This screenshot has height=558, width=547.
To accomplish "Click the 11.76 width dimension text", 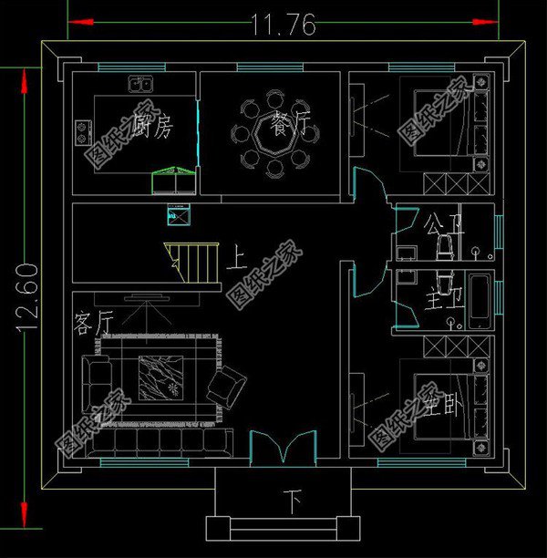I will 283,25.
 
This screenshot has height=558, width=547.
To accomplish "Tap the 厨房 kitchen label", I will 151,128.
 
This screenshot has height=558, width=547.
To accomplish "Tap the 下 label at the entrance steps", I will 293,500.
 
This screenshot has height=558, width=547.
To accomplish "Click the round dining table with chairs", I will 274,132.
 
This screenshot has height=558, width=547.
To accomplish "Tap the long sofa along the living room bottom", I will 159,442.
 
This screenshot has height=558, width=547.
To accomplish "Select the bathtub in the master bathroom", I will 478,302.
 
